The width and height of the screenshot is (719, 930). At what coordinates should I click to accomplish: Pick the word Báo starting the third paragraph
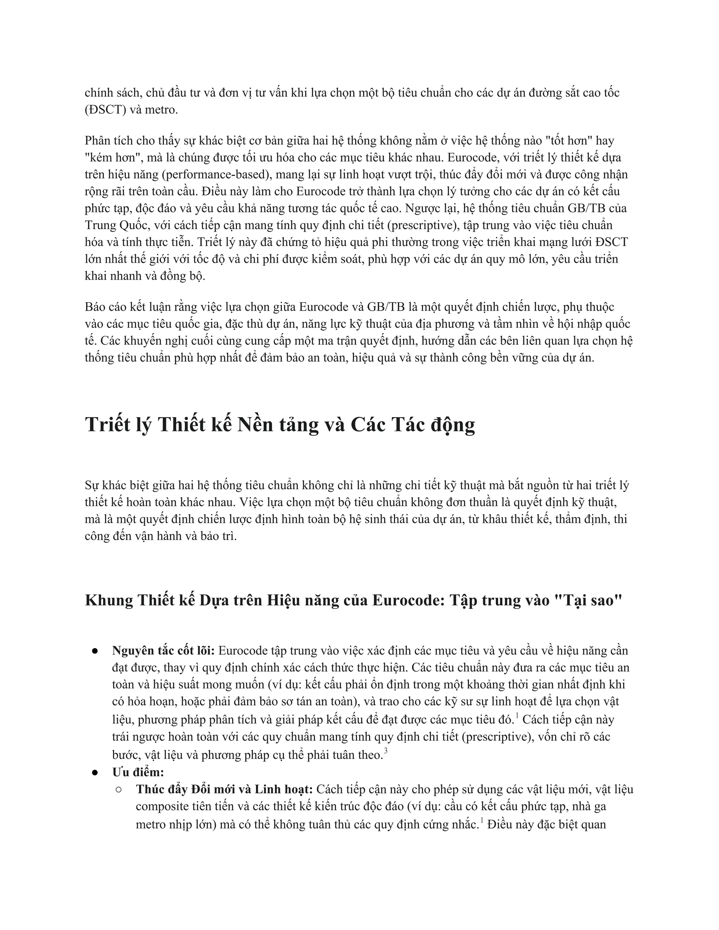point(95,307)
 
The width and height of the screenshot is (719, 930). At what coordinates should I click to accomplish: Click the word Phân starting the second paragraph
point(97,140)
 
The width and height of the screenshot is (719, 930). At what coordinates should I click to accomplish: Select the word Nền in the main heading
point(255,425)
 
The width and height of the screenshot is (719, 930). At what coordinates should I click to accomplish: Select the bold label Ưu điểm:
point(138,772)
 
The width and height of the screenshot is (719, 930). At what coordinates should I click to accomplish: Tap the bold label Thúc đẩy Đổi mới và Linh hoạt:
point(224,789)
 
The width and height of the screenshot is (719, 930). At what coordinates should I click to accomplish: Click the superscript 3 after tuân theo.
point(385,751)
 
